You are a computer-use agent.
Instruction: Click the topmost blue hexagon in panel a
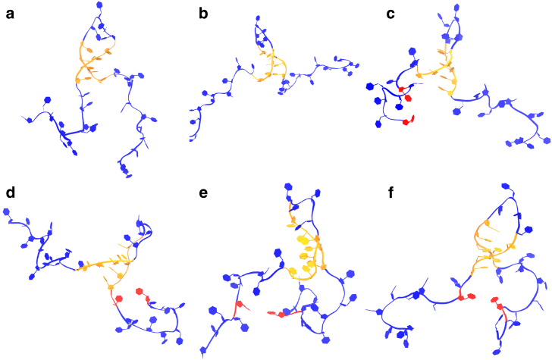(100, 5)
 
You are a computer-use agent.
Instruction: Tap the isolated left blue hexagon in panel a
(47, 99)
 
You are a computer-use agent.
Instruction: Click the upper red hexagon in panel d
(139, 290)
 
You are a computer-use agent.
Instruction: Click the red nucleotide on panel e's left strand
(238, 305)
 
